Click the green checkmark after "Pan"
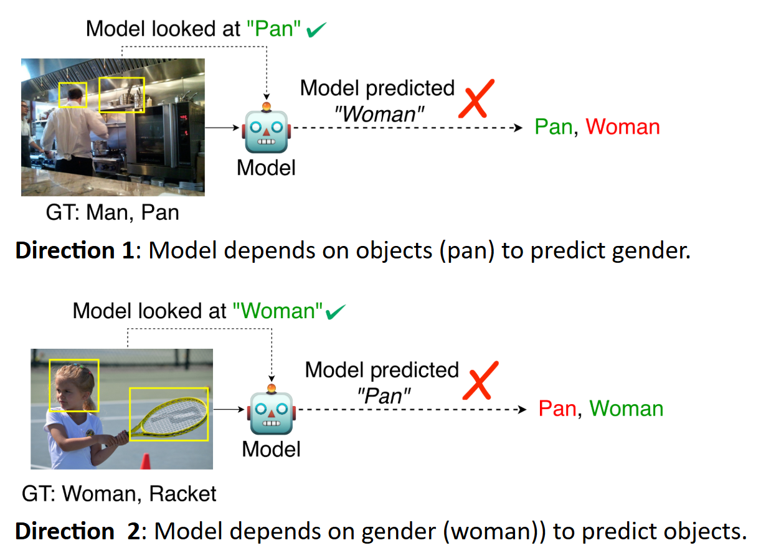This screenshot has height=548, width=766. [x=317, y=30]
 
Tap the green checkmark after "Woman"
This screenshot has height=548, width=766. [x=336, y=311]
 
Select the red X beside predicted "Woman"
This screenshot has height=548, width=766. [x=476, y=98]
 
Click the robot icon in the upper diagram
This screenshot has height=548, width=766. [x=267, y=127]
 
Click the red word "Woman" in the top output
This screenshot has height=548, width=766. [x=622, y=127]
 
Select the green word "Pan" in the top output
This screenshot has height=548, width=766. [x=553, y=127]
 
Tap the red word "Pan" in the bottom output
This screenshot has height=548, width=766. [x=557, y=409]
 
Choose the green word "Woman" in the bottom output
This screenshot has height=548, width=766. [x=626, y=409]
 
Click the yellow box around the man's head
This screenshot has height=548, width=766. [x=73, y=95]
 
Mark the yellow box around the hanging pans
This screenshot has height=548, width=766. [x=121, y=95]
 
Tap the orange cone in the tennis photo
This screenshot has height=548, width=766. [x=146, y=461]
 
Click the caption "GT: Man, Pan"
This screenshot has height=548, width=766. [x=112, y=213]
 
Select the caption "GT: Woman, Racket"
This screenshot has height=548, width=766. [x=119, y=494]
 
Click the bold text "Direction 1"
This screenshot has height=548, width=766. [x=73, y=251]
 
